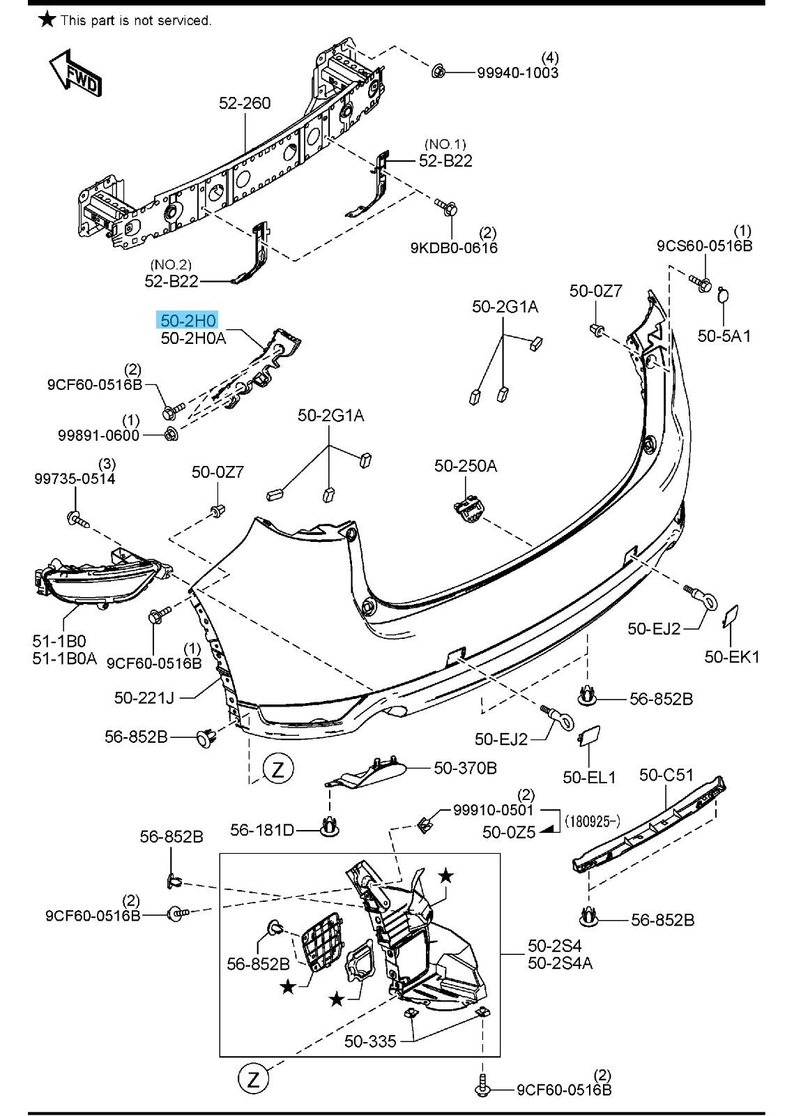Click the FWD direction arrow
[x=75, y=73]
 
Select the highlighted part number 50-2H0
[x=188, y=321]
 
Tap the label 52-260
[x=245, y=103]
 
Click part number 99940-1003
[x=517, y=73]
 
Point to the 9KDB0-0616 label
[x=454, y=248]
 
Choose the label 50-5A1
[x=724, y=335]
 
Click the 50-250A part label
[x=466, y=465]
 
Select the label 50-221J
[x=144, y=697]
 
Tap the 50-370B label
[x=465, y=768]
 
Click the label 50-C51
[x=666, y=775]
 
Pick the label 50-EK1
[x=732, y=656]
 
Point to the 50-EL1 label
[x=589, y=776]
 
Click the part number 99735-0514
[x=75, y=478]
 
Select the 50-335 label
[x=370, y=1041]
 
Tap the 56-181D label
[x=262, y=830]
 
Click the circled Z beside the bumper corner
[x=278, y=769]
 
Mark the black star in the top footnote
[x=47, y=19]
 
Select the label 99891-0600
[x=98, y=435]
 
